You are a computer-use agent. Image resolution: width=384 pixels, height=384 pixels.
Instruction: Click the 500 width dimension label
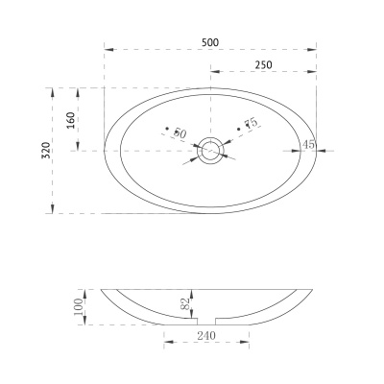(210, 42)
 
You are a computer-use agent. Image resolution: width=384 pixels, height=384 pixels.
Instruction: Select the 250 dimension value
(264, 65)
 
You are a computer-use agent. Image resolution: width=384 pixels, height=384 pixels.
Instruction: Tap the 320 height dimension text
(46, 150)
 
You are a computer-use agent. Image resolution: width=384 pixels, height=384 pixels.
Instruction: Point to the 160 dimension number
(71, 120)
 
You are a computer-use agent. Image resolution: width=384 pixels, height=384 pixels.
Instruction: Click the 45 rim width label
(308, 144)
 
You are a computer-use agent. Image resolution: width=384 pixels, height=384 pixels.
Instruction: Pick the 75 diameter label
(251, 123)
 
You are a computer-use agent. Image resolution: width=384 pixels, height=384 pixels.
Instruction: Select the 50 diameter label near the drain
(180, 133)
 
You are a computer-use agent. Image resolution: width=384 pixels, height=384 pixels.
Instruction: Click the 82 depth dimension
(185, 303)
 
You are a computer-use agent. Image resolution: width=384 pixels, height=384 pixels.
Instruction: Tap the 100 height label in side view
(79, 306)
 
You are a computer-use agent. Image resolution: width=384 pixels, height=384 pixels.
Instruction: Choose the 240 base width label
(206, 336)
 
